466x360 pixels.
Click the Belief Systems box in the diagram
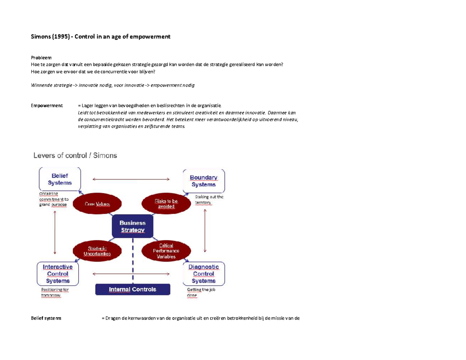click(60, 179)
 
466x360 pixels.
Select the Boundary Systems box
click(203, 181)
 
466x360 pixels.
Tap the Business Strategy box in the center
click(132, 226)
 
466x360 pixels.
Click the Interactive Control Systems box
click(57, 273)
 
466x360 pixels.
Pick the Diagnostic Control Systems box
click(203, 273)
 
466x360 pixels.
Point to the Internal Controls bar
click(133, 289)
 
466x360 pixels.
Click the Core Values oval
click(97, 204)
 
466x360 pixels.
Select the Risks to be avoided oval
click(166, 204)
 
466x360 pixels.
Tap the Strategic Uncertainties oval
click(97, 251)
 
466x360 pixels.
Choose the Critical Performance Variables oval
click(166, 251)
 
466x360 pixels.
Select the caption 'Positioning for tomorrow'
click(54, 292)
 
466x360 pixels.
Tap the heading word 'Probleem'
click(41, 57)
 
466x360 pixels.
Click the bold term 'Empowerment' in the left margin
click(47, 105)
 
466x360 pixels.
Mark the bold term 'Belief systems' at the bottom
click(46, 318)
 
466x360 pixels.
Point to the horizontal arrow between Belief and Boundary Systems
click(131, 179)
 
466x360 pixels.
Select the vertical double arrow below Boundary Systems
click(205, 231)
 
